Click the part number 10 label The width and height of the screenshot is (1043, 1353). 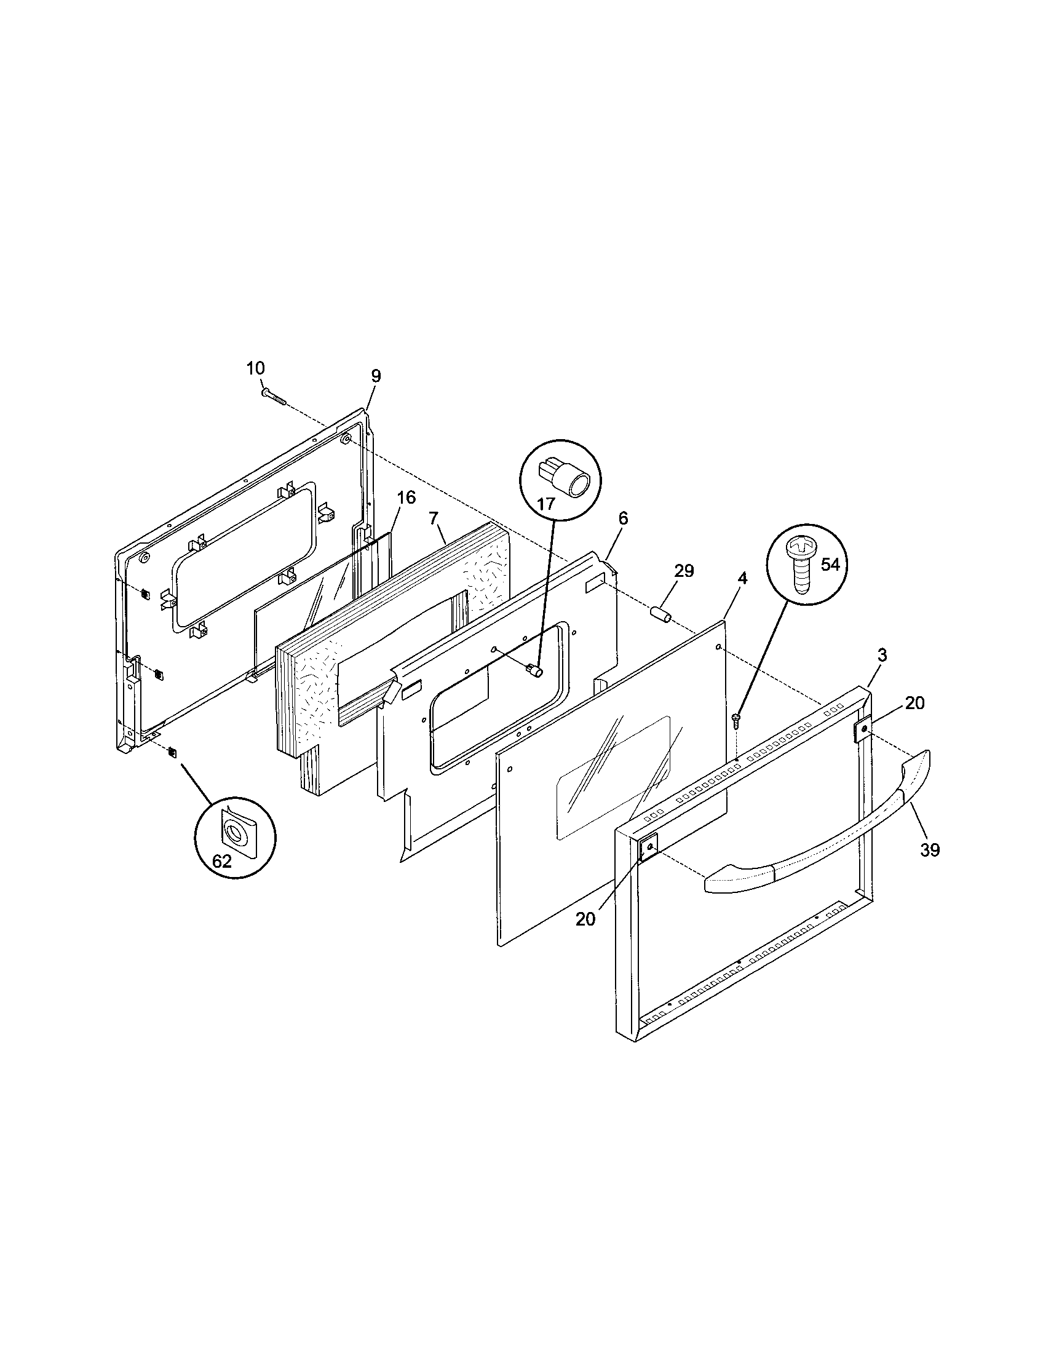[x=255, y=368]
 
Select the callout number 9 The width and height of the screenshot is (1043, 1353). [x=376, y=376]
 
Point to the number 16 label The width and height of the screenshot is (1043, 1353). [x=406, y=498]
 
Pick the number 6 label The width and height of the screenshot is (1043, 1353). [x=623, y=518]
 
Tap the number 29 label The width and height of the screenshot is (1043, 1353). [x=684, y=571]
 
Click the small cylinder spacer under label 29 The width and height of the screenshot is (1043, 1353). [x=662, y=617]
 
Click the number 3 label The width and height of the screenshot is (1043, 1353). [x=882, y=655]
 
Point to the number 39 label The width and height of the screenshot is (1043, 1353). [x=930, y=851]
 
